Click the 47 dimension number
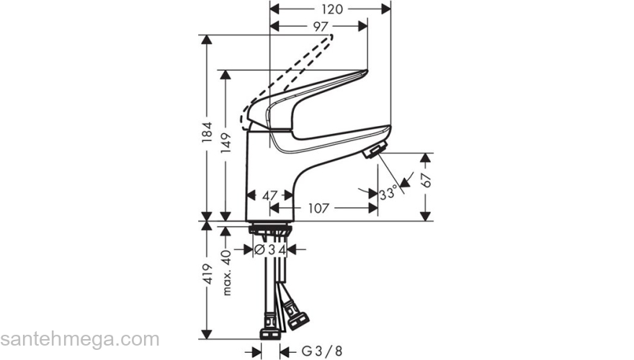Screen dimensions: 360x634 click(269, 194)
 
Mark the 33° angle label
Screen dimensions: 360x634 click(388, 193)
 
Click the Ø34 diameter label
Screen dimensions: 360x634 click(271, 250)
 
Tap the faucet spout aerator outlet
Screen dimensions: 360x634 click(374, 151)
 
